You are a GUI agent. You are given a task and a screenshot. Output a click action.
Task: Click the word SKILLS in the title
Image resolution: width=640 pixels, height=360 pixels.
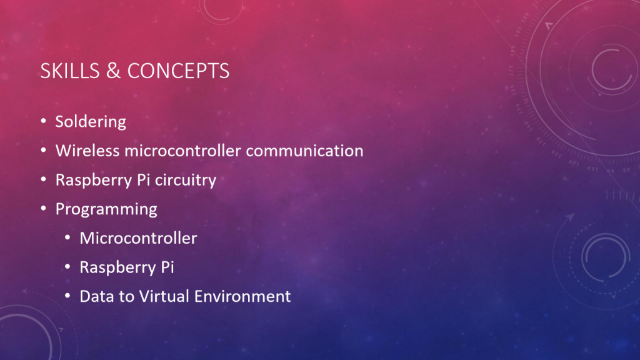(70, 71)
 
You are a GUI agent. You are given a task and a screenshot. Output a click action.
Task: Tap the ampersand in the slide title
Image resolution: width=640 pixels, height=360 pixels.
(114, 71)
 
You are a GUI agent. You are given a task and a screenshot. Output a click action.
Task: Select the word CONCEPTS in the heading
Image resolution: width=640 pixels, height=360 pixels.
(178, 71)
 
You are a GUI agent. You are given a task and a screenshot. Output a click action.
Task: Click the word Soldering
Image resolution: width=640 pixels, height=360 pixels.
(91, 122)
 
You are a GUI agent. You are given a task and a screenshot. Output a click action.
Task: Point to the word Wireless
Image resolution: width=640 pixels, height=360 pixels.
(87, 151)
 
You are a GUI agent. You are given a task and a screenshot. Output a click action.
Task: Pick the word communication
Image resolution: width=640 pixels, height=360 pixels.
(304, 151)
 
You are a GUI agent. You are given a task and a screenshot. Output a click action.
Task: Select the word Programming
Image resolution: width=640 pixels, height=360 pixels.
(106, 209)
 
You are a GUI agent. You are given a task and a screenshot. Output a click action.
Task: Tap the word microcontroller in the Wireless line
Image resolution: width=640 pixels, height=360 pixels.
(183, 151)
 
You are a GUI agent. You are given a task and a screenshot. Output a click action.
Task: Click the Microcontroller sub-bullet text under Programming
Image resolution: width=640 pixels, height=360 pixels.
(138, 238)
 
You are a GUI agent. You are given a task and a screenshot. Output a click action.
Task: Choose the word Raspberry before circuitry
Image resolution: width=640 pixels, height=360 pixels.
(96, 180)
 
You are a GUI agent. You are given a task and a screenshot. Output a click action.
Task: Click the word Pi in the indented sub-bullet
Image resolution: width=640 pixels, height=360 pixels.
(167, 267)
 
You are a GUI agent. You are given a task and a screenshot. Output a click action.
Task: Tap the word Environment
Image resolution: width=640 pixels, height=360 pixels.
(242, 296)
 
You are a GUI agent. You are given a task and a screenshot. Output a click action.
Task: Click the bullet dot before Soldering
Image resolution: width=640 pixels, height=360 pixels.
(44, 121)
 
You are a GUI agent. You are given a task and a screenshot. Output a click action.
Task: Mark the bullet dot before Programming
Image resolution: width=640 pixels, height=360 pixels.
(44, 209)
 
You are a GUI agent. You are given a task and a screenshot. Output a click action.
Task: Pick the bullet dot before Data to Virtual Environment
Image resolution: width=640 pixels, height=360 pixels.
(67, 296)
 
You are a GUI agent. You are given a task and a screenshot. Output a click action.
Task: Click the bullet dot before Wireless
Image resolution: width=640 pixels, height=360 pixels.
(44, 150)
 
